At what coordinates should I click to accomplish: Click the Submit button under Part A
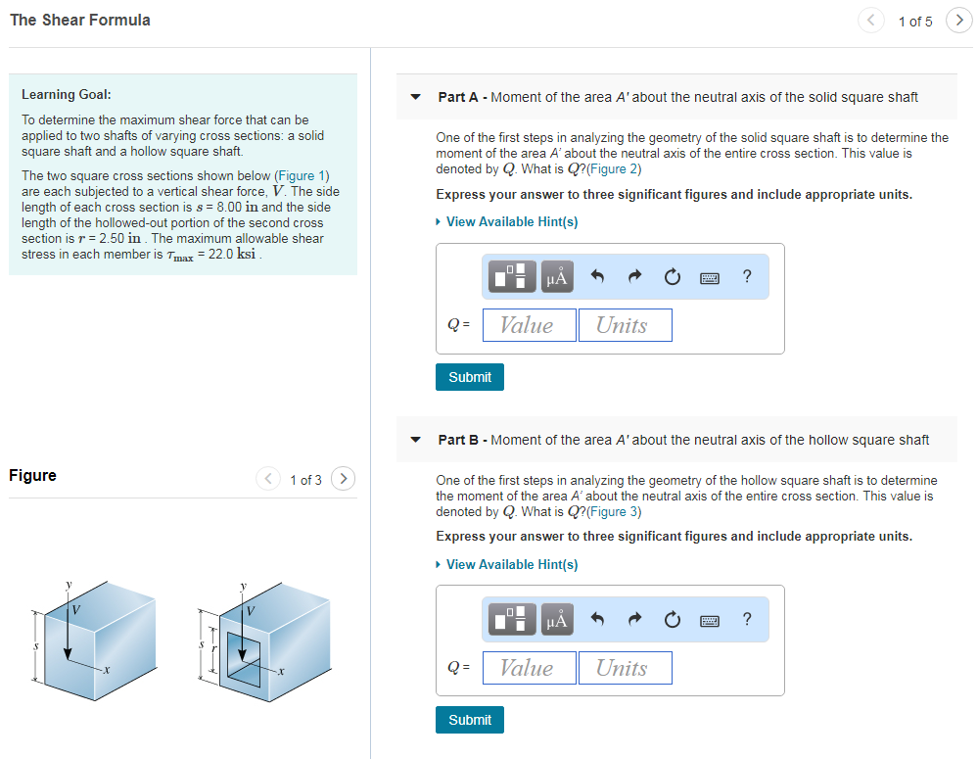click(470, 377)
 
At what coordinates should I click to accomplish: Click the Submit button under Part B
click(470, 720)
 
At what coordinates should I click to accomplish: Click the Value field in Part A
click(528, 325)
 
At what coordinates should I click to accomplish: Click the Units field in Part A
click(625, 325)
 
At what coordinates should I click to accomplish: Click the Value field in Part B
click(528, 668)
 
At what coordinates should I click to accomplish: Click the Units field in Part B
click(625, 668)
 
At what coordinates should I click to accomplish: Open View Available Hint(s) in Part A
click(511, 222)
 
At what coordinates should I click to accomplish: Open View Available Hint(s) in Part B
click(511, 565)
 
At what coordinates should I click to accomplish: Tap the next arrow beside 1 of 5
click(958, 21)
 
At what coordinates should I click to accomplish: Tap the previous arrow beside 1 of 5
click(871, 21)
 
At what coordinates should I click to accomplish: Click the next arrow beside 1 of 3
click(343, 479)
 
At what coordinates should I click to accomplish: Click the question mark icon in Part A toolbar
click(747, 277)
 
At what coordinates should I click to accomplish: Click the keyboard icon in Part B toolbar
click(710, 620)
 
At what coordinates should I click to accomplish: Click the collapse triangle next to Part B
click(415, 440)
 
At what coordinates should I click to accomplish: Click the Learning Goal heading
click(67, 95)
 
